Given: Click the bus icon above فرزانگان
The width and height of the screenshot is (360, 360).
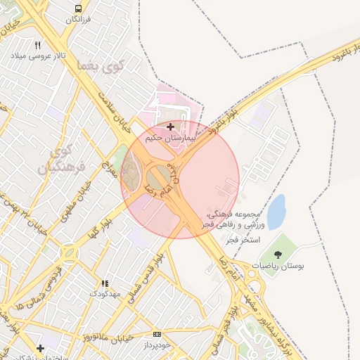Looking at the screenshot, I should (77, 8).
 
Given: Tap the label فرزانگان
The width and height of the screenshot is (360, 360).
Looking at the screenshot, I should (79, 20).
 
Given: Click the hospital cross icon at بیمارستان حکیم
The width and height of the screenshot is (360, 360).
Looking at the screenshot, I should (170, 127).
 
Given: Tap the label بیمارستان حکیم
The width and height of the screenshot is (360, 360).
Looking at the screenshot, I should (169, 139).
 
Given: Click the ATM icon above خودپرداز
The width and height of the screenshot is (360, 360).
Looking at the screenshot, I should (156, 334).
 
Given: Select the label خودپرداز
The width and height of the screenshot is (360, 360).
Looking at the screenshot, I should (156, 345).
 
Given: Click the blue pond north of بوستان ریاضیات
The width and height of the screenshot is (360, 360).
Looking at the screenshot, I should (276, 212).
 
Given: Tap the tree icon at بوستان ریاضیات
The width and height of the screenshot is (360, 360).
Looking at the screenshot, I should (278, 255).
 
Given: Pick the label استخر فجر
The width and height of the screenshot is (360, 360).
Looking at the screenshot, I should (243, 240).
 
